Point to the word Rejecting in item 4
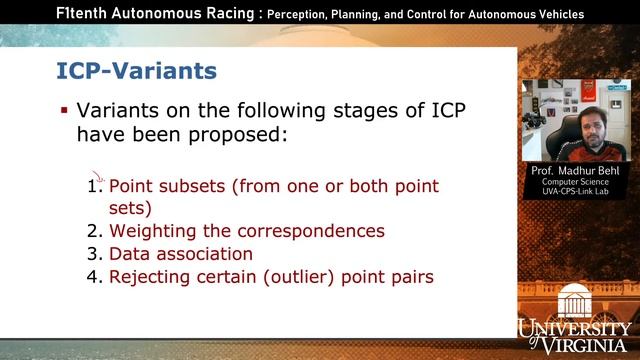click(149, 277)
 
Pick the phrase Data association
click(180, 254)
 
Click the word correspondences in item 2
click(303, 231)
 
